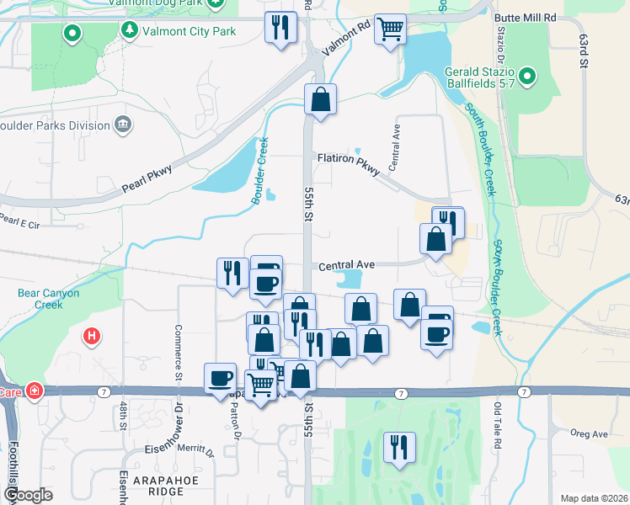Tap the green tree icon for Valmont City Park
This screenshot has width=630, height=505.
(129, 31)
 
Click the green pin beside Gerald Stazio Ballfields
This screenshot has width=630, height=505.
(528, 77)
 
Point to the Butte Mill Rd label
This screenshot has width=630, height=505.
(526, 17)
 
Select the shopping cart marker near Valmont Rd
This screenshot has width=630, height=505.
(390, 29)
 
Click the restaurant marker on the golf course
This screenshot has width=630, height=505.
(398, 446)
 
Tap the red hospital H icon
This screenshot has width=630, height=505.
(92, 338)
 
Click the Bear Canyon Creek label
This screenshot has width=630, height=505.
(49, 299)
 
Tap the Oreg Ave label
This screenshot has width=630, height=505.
(589, 433)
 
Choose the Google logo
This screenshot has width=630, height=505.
(28, 494)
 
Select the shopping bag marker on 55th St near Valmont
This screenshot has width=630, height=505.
(320, 99)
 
